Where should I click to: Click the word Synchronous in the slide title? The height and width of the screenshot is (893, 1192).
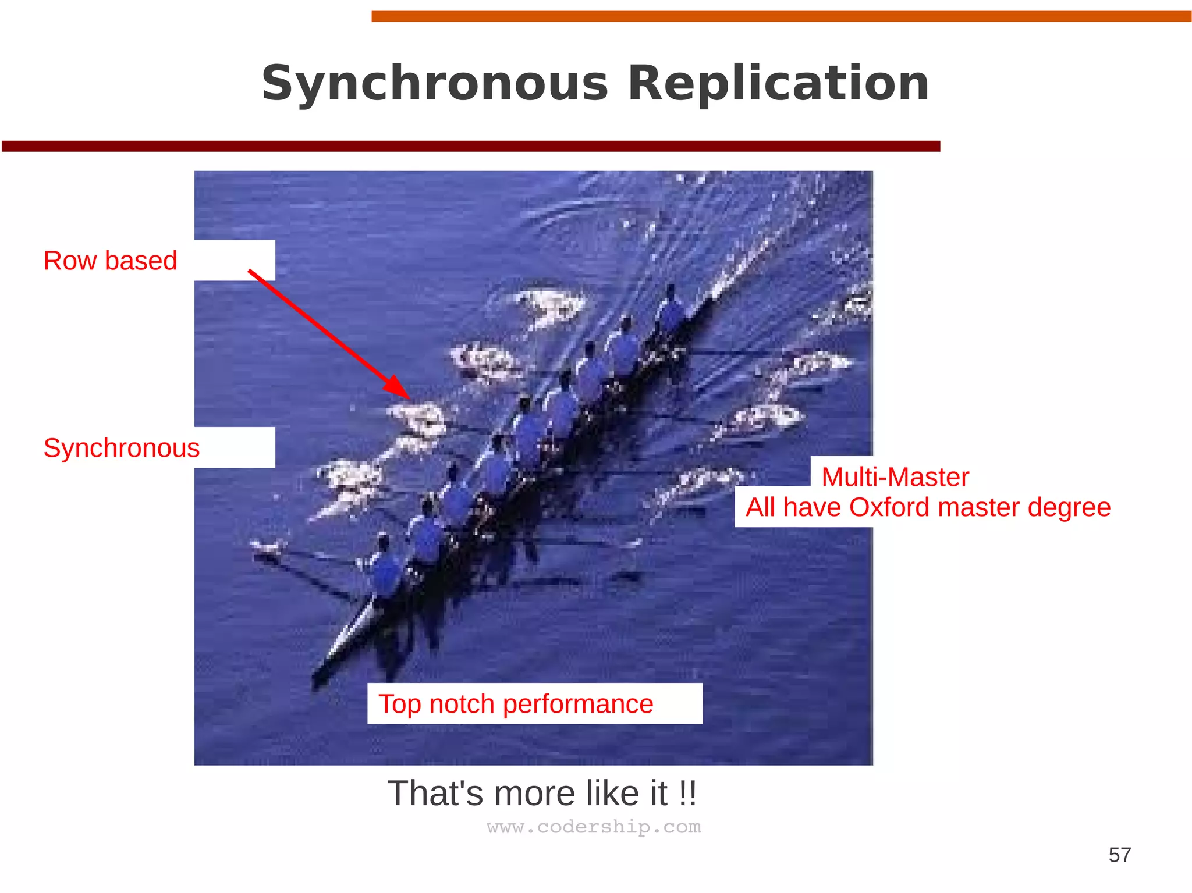434,84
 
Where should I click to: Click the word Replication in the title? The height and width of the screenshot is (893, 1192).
778,84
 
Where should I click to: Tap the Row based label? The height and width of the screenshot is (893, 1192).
110,261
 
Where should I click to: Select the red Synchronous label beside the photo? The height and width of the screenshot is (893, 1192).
121,448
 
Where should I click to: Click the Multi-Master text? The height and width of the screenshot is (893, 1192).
895,477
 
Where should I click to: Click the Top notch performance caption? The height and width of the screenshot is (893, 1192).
516,704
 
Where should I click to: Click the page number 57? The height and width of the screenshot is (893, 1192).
1119,855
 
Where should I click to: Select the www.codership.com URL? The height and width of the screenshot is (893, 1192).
594,827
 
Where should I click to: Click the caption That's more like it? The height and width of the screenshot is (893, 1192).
541,793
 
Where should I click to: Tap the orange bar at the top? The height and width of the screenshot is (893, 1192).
780,16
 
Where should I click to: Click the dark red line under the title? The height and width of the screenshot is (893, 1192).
470,146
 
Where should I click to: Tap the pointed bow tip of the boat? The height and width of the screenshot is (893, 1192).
316,679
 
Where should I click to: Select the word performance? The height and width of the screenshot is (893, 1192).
577,704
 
